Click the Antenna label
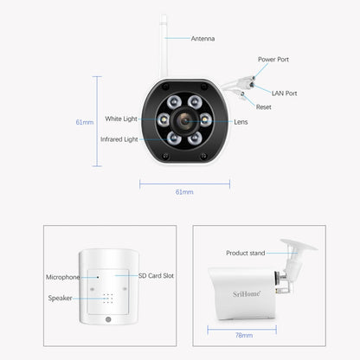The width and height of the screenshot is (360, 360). click(202, 38)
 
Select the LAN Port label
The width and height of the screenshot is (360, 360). click(284, 93)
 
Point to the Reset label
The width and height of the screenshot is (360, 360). click(265, 106)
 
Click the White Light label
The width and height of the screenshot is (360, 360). click(121, 119)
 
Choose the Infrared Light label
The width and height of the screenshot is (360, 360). click(118, 138)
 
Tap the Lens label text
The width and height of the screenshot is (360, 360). click(241, 122)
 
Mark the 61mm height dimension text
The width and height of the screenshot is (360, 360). click(84, 121)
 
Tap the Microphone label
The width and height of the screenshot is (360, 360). click(62, 277)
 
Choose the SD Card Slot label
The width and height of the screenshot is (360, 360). click(156, 274)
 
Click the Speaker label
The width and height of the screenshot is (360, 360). click(60, 297)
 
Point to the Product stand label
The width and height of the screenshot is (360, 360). click(245, 254)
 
